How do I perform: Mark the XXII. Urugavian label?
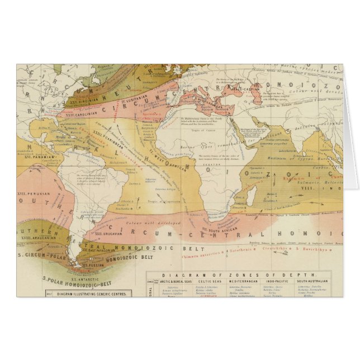(x=112, y=233)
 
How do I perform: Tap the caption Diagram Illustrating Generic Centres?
(x=92, y=293)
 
